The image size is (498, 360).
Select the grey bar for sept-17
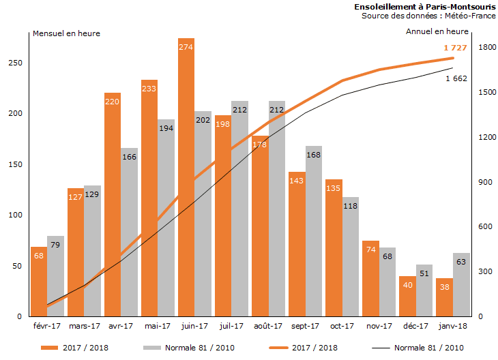(x=314, y=232)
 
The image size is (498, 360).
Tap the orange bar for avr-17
(x=113, y=205)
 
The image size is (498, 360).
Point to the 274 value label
(x=186, y=47)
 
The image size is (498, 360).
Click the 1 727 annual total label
(x=455, y=48)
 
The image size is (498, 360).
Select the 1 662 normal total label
(x=456, y=78)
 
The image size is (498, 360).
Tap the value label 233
(x=149, y=88)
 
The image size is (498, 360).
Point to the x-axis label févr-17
(x=47, y=327)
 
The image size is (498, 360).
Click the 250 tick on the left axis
(x=15, y=63)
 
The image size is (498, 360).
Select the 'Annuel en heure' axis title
(x=437, y=31)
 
